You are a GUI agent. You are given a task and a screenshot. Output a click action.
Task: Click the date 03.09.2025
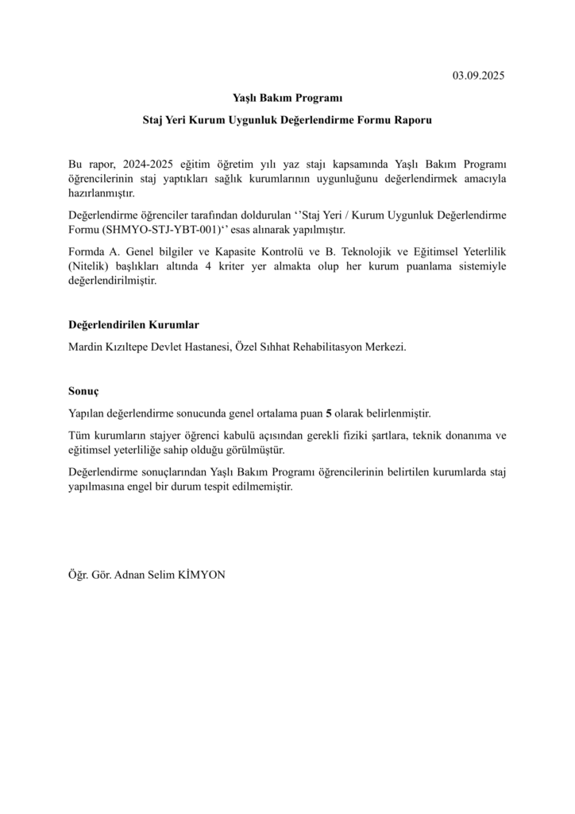pyautogui.click(x=479, y=76)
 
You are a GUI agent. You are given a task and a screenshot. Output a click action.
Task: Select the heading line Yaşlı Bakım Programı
pyautogui.click(x=287, y=99)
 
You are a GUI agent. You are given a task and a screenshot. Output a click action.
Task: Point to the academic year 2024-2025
pyautogui.click(x=148, y=164)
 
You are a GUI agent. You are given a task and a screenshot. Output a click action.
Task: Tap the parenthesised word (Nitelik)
pyautogui.click(x=91, y=266)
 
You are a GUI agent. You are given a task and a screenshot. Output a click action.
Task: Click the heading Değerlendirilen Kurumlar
pyautogui.click(x=133, y=325)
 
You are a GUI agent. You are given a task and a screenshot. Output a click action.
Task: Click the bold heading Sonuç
pyautogui.click(x=83, y=392)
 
